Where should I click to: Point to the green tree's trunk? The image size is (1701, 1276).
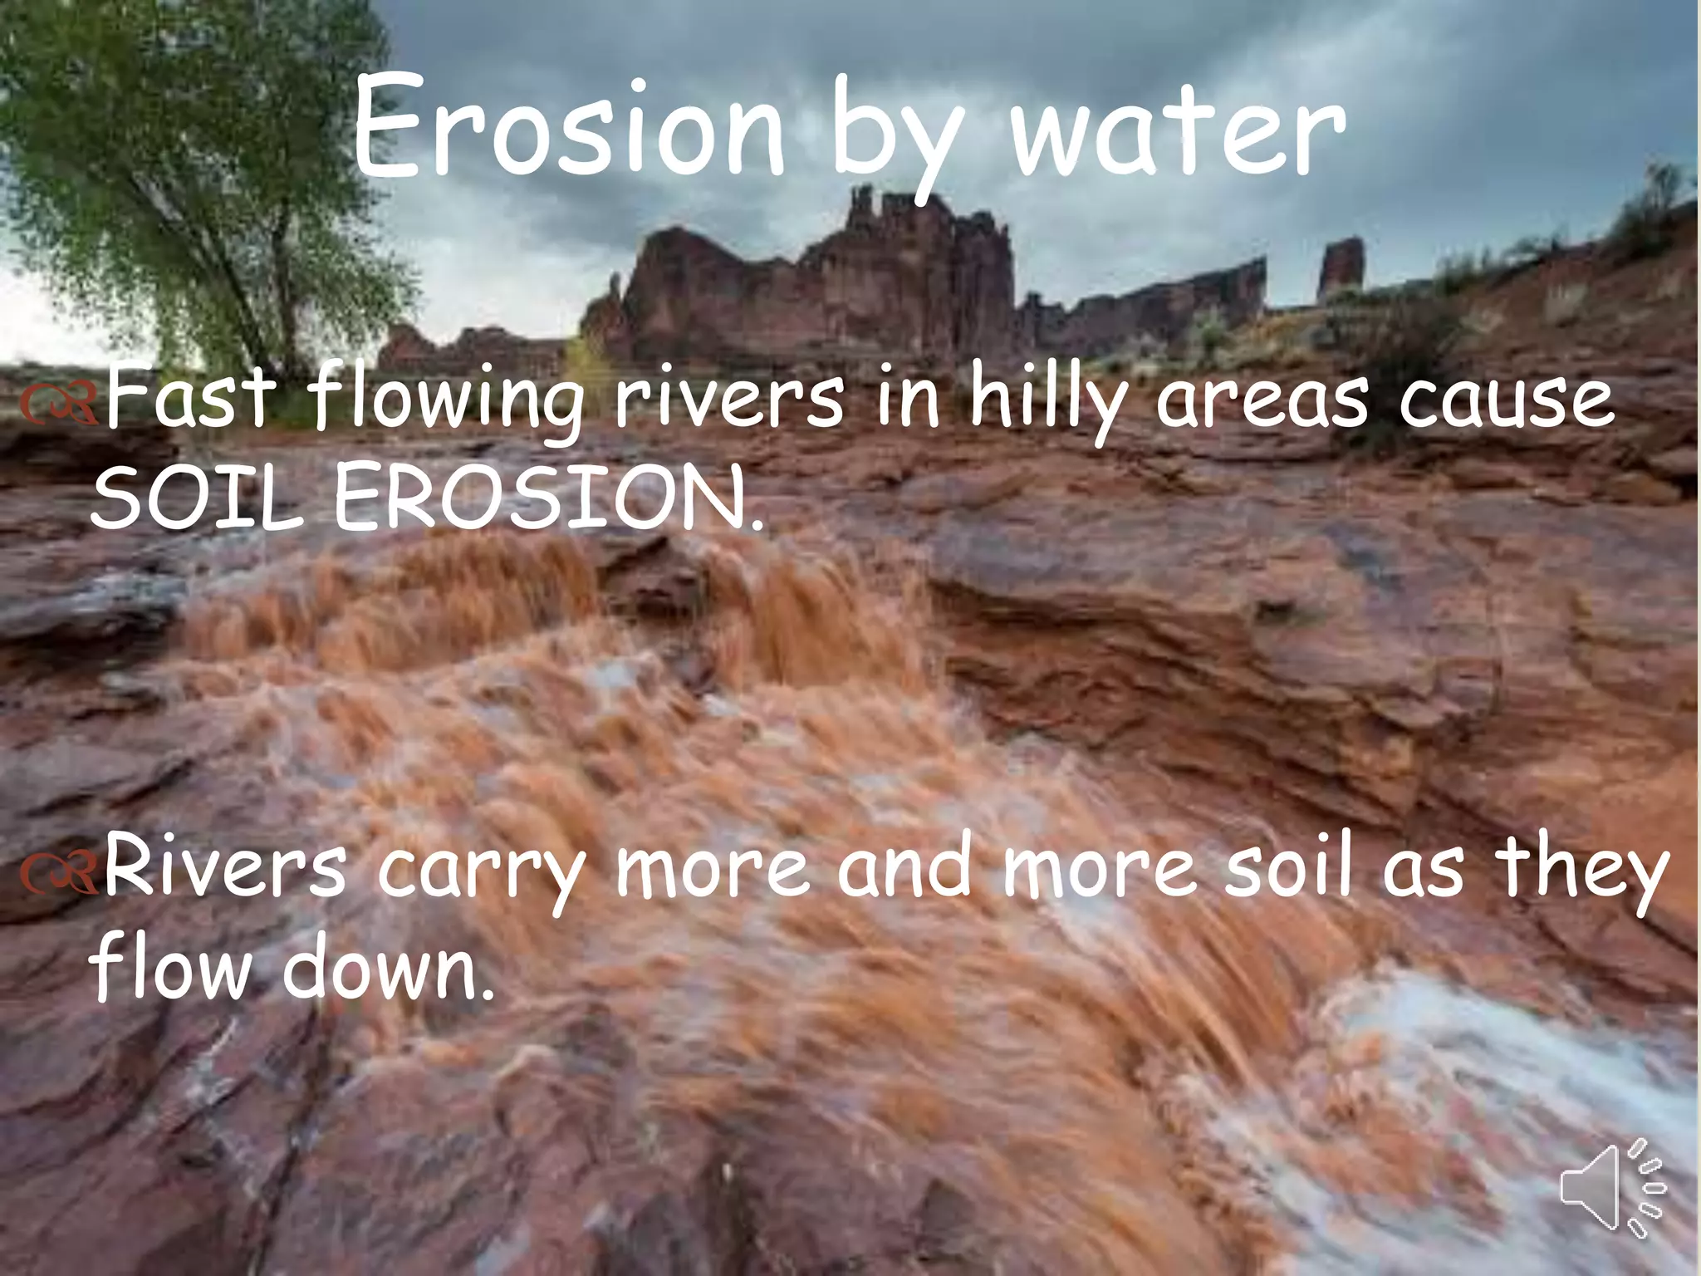click(x=282, y=307)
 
